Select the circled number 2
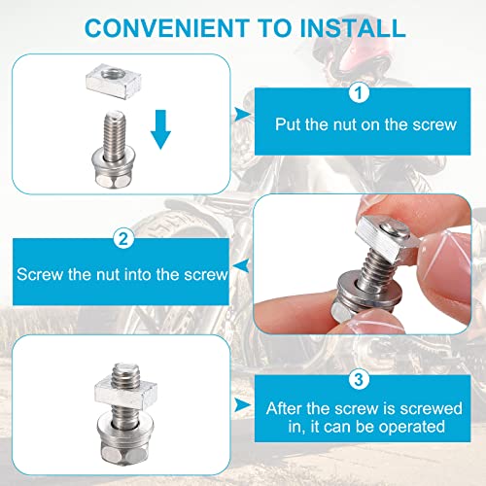pos(122,237)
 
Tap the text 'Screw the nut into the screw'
pos(122,275)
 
